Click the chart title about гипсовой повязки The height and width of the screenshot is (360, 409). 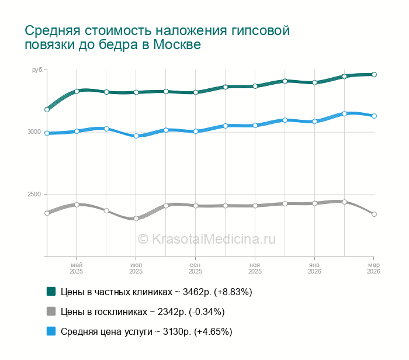pos(157,37)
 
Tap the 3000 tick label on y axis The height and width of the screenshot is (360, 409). pos(34,132)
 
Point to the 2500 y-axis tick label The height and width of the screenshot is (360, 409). pos(34,194)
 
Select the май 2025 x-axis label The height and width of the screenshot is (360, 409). pos(76,268)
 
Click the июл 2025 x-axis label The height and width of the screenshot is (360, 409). pos(136,268)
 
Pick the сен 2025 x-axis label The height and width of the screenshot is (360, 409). pos(195,268)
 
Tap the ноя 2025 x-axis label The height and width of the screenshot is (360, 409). pos(255,268)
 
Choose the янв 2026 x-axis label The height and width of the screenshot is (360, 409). pos(314,268)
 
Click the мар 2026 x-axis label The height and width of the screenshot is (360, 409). pos(373,268)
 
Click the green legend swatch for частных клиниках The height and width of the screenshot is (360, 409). pos(51,291)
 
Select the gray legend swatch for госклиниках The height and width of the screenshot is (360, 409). pos(51,311)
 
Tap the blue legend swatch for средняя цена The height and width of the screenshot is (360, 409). pos(51,331)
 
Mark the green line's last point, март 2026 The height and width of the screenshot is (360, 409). pos(374,75)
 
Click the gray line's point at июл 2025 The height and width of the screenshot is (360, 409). pos(136,219)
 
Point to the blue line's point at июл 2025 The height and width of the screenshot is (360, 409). pos(136,136)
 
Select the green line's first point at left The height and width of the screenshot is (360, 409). pos(47,109)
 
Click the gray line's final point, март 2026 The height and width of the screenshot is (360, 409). pos(374,214)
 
